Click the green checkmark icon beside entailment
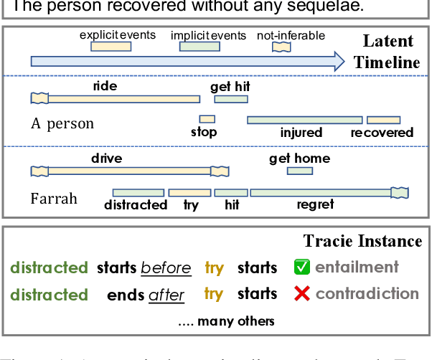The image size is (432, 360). click(302, 267)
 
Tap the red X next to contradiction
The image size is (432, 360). click(302, 294)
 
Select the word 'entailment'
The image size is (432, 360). click(357, 267)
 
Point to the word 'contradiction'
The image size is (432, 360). click(367, 294)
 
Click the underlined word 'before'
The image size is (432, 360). click(166, 268)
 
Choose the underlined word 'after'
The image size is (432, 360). click(166, 295)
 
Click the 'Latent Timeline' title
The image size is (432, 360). click(390, 52)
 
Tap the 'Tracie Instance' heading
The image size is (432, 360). click(362, 241)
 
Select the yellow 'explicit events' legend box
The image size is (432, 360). click(111, 47)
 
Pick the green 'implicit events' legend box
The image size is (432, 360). click(199, 47)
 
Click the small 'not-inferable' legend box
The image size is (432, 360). click(281, 47)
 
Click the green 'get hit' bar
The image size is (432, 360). click(230, 99)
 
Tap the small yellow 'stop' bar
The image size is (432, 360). click(207, 119)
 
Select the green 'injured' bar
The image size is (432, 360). click(304, 120)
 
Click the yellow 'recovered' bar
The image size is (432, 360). click(383, 120)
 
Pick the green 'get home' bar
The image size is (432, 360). click(299, 171)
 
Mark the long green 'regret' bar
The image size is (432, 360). click(323, 192)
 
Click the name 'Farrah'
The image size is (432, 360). click(53, 198)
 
